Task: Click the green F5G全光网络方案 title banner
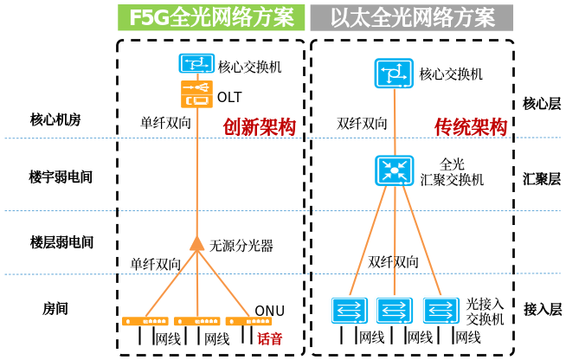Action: [211, 16]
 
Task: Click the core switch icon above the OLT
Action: [196, 63]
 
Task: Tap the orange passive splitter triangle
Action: [196, 244]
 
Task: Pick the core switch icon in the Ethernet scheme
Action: [394, 74]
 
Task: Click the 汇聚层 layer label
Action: [543, 179]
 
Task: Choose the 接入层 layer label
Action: [543, 308]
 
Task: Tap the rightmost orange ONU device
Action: [240, 321]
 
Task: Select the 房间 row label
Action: [55, 308]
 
